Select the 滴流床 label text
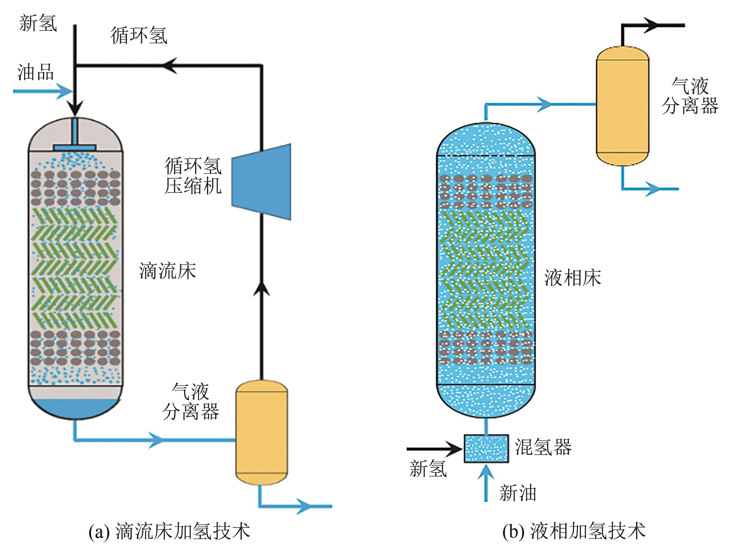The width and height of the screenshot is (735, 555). click(167, 271)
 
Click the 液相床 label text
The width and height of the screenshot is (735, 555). click(573, 278)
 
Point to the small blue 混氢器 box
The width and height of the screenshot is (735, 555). click(486, 448)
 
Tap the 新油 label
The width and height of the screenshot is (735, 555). click(518, 493)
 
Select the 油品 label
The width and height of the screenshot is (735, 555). click(35, 72)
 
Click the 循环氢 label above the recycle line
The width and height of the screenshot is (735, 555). click(139, 35)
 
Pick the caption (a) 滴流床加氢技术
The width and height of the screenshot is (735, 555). click(170, 531)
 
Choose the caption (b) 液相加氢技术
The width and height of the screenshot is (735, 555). click(574, 531)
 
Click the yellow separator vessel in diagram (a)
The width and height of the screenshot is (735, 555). click(261, 432)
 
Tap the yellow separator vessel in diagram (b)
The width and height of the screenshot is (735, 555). click(622, 106)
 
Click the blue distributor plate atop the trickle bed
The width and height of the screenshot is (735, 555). click(75, 148)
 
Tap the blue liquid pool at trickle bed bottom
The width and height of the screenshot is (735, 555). click(75, 408)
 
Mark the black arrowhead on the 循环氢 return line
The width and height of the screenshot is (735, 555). click(170, 65)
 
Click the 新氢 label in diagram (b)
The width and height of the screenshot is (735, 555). click(428, 469)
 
